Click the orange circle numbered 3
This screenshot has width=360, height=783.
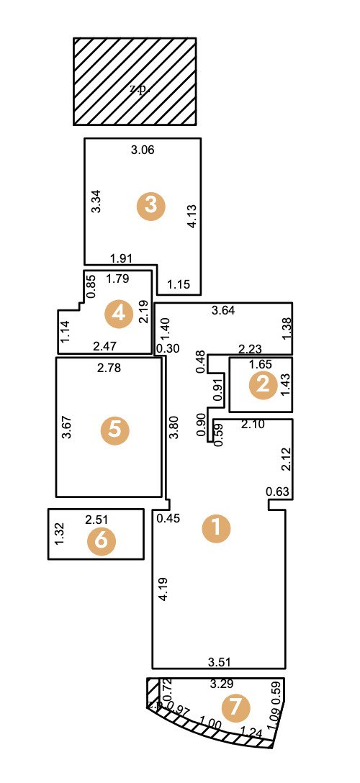[151, 205]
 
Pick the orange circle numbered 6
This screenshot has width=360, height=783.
[101, 542]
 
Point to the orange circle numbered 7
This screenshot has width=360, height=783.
[235, 709]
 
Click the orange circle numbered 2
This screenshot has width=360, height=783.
[263, 386]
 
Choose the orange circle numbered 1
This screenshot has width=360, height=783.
[216, 529]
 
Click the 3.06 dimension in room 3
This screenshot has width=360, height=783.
[143, 150]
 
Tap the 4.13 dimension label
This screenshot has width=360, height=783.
[192, 217]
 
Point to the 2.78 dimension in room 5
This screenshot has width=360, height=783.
[110, 369]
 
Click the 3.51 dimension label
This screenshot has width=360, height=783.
[220, 661]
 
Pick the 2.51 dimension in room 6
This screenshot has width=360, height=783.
[96, 520]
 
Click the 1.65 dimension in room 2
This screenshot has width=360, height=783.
[260, 364]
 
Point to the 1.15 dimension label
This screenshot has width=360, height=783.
[178, 285]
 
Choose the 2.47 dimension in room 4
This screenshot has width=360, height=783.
[105, 346]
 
